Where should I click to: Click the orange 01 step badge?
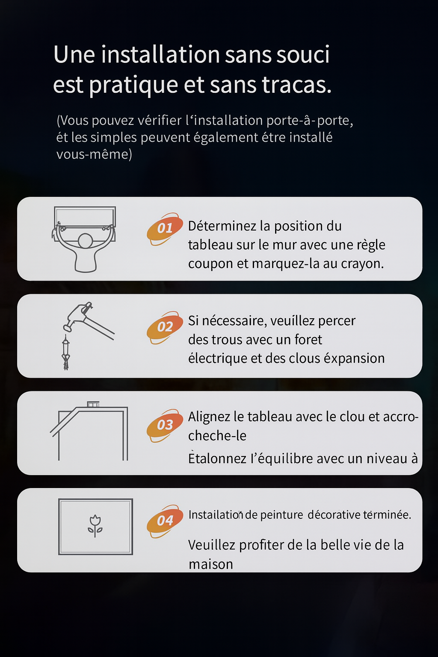tap(165, 229)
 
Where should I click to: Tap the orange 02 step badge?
tap(165, 327)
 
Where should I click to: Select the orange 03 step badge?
tap(165, 425)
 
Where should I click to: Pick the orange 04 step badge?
tap(165, 521)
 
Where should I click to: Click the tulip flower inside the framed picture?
tap(95, 526)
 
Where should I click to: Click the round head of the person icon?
tap(86, 241)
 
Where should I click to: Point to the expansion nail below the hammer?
tap(66, 352)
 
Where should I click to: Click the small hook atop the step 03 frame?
tap(93, 405)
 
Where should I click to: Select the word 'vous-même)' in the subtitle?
tap(94, 154)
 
